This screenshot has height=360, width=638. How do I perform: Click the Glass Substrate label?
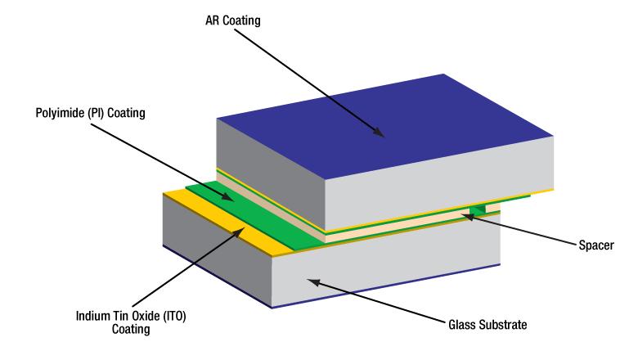(x=486, y=325)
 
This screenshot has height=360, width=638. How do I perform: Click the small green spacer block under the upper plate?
(x=478, y=209)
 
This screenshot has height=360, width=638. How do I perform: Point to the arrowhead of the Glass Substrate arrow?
(x=312, y=281)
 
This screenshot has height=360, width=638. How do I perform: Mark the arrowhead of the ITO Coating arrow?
(x=245, y=229)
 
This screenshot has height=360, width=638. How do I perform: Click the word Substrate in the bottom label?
(x=502, y=325)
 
